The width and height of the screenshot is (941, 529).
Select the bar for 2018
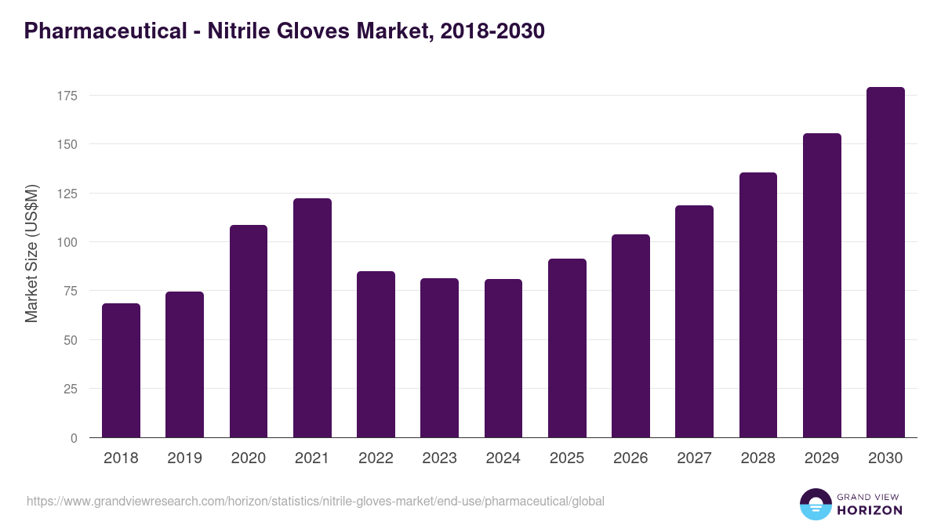(121, 371)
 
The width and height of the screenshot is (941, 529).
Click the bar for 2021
(312, 318)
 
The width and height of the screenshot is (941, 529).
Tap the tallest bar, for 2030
(885, 263)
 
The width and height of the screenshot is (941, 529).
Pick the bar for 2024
(503, 358)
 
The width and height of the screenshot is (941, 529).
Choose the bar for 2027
(694, 321)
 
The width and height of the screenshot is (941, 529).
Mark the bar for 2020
(249, 332)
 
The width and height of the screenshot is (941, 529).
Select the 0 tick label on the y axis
(74, 438)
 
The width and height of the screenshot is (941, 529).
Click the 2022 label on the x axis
(376, 458)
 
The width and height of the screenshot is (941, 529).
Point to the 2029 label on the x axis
(822, 458)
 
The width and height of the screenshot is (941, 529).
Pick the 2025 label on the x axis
(567, 458)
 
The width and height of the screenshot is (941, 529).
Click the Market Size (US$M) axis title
(31, 253)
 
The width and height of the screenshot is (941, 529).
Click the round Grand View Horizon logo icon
(816, 504)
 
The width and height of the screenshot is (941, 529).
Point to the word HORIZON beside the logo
(870, 510)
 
